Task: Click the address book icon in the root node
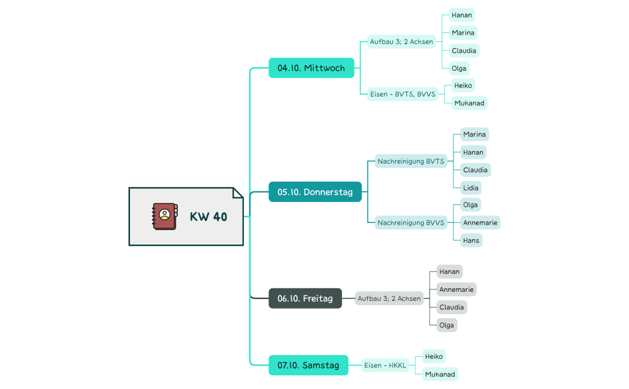[x=165, y=216]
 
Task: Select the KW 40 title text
[x=208, y=217]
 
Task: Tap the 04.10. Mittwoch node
[x=311, y=68]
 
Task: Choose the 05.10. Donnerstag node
[x=314, y=192]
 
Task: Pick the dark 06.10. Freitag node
[x=305, y=298]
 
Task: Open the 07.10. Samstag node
[x=308, y=365]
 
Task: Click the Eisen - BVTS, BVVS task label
[x=403, y=94]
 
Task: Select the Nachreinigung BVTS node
[x=410, y=161]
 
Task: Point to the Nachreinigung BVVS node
[x=410, y=223]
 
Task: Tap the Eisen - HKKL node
[x=385, y=365]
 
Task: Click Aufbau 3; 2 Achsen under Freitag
[x=389, y=298]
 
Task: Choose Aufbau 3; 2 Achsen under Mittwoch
[x=401, y=42]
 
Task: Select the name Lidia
[x=470, y=188]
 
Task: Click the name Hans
[x=471, y=240]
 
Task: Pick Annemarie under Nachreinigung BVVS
[x=480, y=223]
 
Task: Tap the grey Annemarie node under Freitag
[x=456, y=290]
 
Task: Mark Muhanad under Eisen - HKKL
[x=440, y=374]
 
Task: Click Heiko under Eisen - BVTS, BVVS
[x=463, y=86]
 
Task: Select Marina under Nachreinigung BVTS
[x=474, y=134]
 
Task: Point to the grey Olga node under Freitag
[x=446, y=325]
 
